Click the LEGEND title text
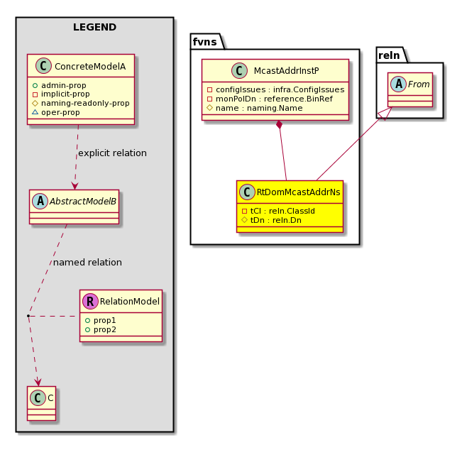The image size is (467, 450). (94, 27)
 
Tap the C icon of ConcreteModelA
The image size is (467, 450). (43, 66)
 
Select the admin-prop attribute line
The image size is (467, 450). (60, 85)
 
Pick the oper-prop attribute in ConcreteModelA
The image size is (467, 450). (56, 113)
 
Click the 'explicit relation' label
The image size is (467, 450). (112, 153)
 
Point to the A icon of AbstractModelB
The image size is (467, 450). (40, 201)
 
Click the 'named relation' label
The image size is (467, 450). (87, 263)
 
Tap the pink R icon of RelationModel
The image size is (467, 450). (91, 301)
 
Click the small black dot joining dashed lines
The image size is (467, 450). (28, 316)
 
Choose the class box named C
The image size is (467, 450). (41, 404)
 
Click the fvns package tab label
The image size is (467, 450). (204, 42)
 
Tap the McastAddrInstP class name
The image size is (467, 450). (286, 70)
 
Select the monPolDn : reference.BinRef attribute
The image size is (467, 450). (270, 99)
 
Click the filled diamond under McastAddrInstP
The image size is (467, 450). (280, 125)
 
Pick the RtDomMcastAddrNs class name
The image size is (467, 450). (298, 192)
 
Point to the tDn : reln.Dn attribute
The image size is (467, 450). (271, 220)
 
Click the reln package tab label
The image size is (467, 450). (389, 55)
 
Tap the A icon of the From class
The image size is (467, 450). (399, 84)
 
